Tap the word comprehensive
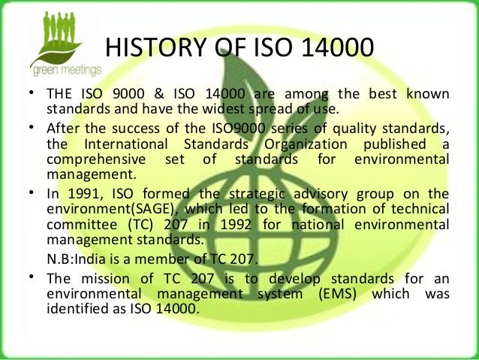tap(85, 159)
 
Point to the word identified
tap(73, 308)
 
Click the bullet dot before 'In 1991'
tap(33, 191)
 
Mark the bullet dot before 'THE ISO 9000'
tap(33, 92)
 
